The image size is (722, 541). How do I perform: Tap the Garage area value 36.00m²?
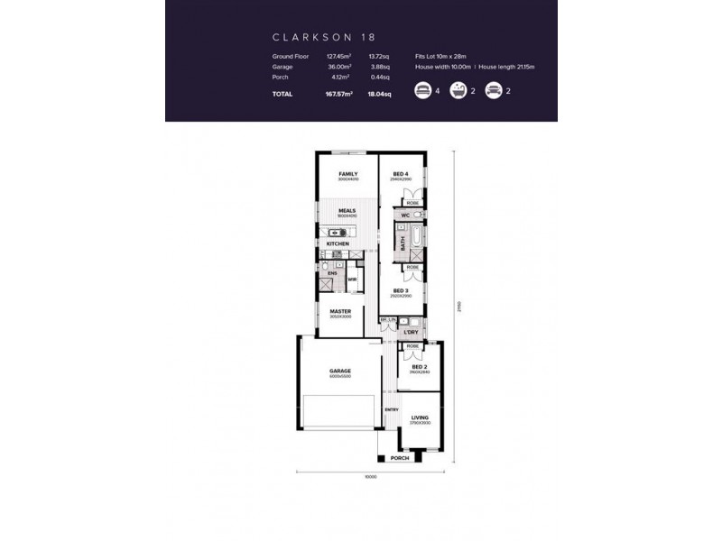tap(338, 66)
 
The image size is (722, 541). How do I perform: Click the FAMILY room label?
tap(347, 174)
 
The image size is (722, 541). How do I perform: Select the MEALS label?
tap(347, 211)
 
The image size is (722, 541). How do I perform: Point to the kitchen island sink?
tap(333, 233)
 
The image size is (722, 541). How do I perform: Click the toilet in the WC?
tap(418, 215)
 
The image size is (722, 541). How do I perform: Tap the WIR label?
tap(352, 279)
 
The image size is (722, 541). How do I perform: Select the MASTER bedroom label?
tap(340, 311)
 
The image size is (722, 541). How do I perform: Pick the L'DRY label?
tap(411, 333)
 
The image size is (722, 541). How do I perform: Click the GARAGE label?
tap(340, 371)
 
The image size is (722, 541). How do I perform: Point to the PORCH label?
tap(399, 458)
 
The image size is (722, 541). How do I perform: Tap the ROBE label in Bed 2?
tap(412, 346)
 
